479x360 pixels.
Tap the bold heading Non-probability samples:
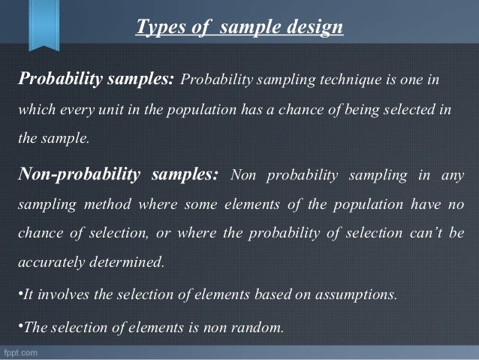coord(117,176)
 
